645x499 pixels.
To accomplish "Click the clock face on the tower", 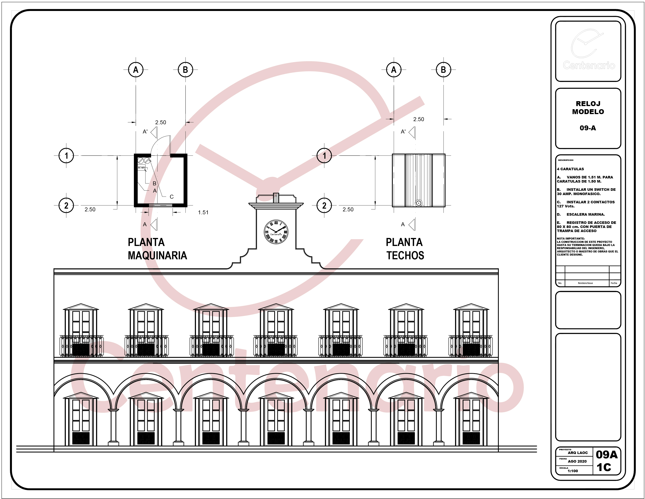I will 276,232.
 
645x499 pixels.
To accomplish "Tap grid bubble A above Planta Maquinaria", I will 136,70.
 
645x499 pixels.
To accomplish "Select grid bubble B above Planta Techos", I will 443,70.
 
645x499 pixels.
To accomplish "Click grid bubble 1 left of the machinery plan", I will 66,156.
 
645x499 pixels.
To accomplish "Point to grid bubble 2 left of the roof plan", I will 324,205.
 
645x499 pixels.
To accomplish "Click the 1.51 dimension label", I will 203,212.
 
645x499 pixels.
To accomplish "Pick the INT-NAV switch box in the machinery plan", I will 142,168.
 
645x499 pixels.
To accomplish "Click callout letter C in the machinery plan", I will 172,197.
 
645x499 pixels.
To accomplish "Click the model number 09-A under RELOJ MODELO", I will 588,128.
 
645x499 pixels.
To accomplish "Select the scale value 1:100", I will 573,471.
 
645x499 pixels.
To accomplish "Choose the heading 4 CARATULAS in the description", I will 570,169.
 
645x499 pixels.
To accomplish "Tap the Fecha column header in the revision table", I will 614,283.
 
